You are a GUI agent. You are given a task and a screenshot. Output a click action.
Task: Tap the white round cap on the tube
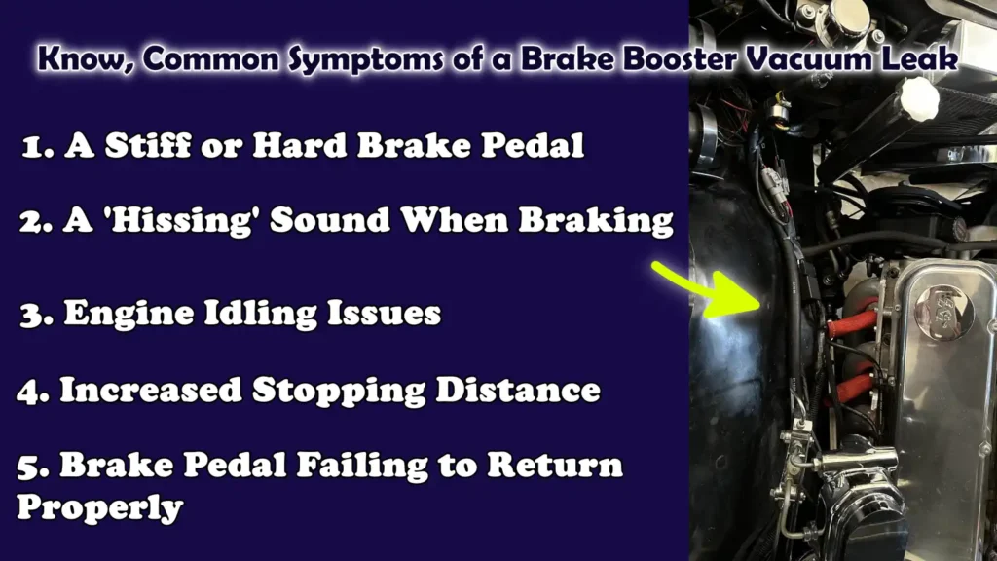[x=918, y=98]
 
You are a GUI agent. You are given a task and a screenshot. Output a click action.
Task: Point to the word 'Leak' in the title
[x=922, y=59]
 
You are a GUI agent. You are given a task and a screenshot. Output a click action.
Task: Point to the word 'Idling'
[x=250, y=314]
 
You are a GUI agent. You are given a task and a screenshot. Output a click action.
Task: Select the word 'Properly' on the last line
[x=100, y=507]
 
